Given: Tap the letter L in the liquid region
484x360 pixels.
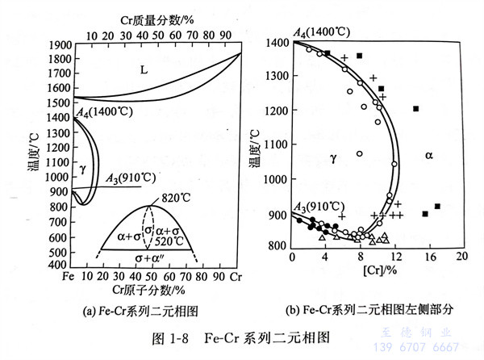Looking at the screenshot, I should pos(144,69).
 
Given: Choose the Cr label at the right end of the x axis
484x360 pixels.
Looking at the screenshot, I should pos(235,277).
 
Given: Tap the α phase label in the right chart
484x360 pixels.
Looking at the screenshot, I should pos(428,154).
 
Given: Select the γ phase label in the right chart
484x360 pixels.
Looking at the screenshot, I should pos(332,159).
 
